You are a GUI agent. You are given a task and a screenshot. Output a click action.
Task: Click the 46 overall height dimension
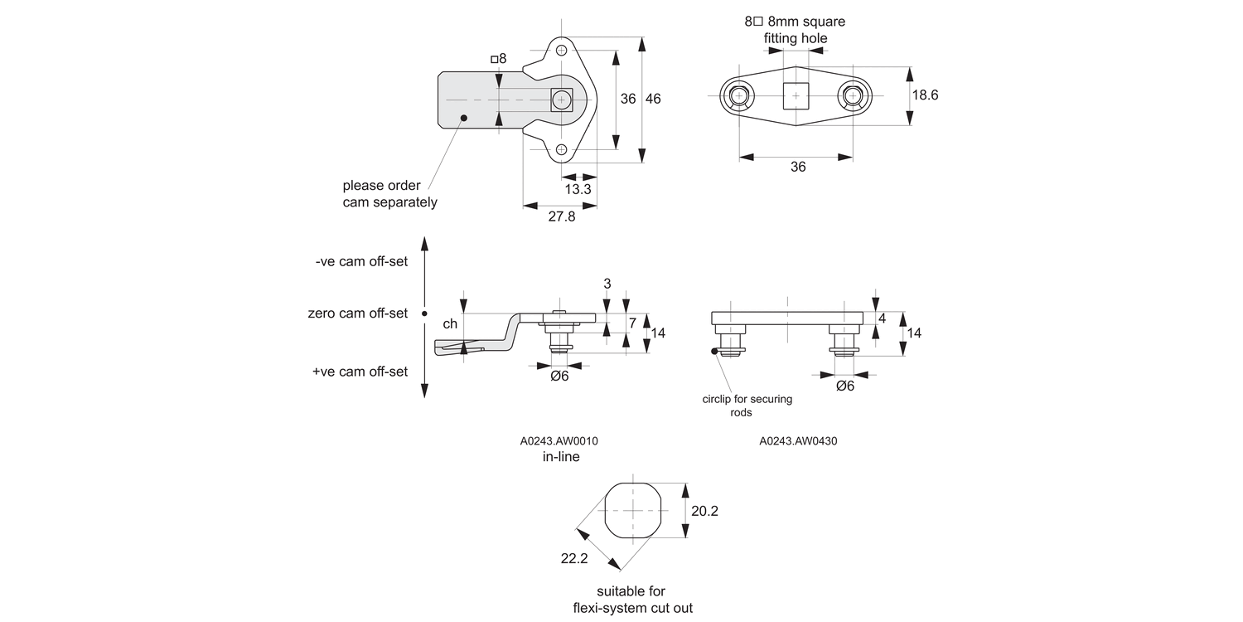653,99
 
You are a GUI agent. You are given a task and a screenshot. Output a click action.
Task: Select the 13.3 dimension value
578,189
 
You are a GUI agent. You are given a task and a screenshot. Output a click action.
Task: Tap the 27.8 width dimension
561,217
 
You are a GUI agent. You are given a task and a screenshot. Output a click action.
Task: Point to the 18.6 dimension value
925,95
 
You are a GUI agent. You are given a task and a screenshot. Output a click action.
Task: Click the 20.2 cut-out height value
704,511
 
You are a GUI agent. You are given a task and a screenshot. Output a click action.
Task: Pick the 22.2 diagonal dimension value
573,559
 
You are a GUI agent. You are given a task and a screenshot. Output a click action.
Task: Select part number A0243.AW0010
559,441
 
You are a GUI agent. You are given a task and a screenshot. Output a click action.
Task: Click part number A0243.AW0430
798,441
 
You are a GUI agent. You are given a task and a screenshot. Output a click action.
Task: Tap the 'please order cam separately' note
389,194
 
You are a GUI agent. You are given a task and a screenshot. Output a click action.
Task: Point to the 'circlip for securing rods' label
747,406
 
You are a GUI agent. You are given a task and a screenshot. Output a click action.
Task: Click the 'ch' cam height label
450,324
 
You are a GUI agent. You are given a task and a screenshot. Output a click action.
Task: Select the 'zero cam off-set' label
358,313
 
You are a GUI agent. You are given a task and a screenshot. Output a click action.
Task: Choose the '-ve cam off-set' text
361,261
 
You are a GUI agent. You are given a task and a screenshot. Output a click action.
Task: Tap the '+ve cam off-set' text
360,372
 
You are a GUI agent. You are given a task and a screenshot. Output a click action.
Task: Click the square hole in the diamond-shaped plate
796,96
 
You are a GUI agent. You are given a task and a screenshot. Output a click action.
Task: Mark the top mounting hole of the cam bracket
562,51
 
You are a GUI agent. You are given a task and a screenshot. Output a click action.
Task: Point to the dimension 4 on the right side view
882,318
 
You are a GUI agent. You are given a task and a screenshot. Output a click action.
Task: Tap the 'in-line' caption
561,456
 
